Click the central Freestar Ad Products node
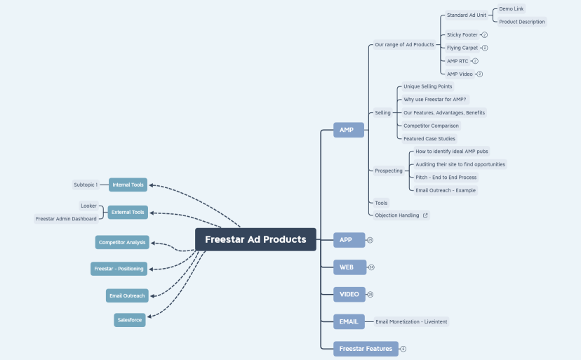point(255,239)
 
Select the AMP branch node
point(348,130)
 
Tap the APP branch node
point(348,240)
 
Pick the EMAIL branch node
point(349,321)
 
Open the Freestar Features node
point(366,348)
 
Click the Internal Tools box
point(128,185)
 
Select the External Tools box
point(128,212)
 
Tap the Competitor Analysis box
point(122,242)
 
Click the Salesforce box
point(130,320)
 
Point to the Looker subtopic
point(88,206)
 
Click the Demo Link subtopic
point(511,9)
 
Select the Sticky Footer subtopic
point(462,34)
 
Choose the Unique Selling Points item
point(427,86)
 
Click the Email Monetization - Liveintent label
point(411,321)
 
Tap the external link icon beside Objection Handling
point(425,215)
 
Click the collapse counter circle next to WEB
point(371,267)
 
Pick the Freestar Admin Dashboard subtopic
point(66,219)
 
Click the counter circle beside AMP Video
point(480,74)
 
